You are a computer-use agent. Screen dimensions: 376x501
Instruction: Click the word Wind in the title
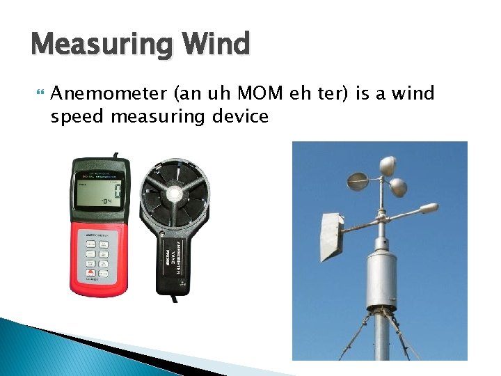(x=216, y=45)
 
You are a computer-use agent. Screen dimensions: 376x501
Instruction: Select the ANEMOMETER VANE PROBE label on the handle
(x=172, y=258)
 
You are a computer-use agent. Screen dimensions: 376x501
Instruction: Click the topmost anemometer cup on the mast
(x=388, y=165)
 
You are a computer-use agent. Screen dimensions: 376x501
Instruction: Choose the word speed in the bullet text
(x=76, y=116)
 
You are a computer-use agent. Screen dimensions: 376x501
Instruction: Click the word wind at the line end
(x=411, y=94)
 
